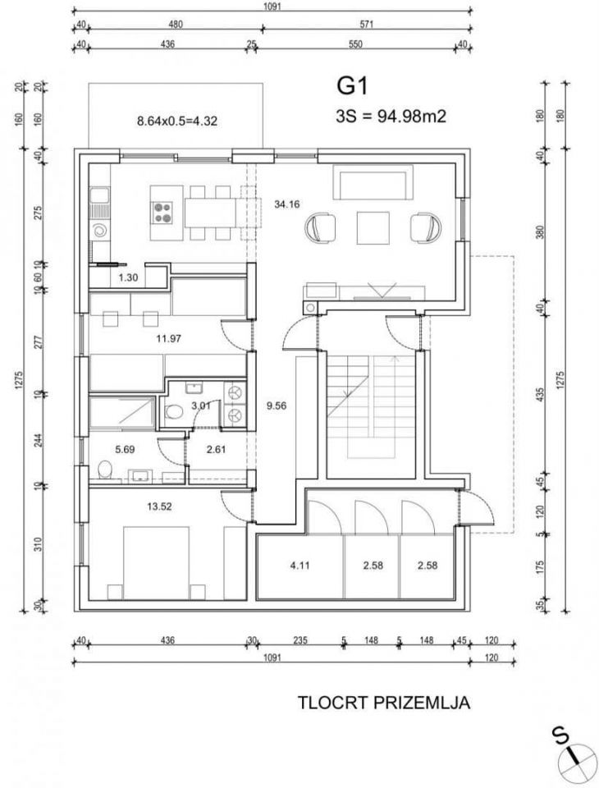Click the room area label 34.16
(287, 204)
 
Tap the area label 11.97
(168, 338)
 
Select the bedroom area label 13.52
(159, 506)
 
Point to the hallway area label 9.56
(277, 405)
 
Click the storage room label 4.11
(300, 566)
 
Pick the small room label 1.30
(128, 277)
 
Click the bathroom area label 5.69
(125, 449)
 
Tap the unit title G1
(352, 86)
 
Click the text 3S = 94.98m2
(391, 117)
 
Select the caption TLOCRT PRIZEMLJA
(384, 702)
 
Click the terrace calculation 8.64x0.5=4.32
(177, 121)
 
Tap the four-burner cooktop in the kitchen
(162, 212)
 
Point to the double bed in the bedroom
(157, 562)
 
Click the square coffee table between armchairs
(373, 228)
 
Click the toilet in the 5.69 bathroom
(105, 470)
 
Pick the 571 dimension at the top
(367, 25)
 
